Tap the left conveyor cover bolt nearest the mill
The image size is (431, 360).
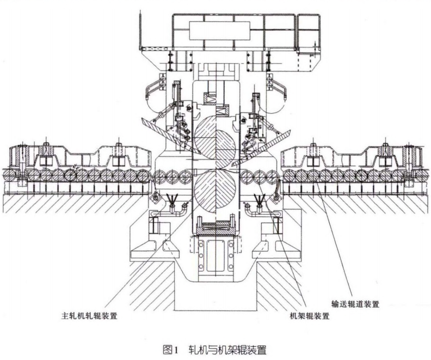117,148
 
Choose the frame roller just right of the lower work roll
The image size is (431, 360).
246,176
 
